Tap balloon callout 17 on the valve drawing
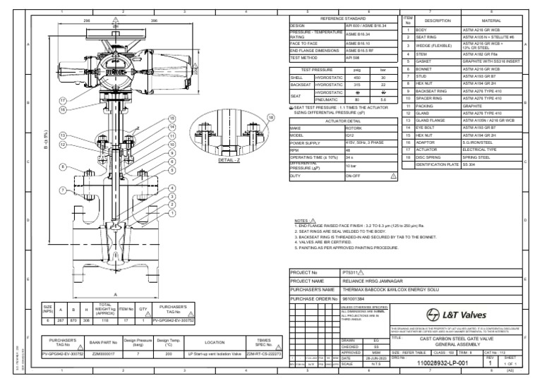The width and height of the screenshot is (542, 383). pos(63,100)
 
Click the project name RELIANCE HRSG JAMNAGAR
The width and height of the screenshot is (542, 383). pos(375,280)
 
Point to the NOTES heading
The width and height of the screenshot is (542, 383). pos(301,220)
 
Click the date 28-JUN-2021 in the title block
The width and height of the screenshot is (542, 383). pos(361,358)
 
